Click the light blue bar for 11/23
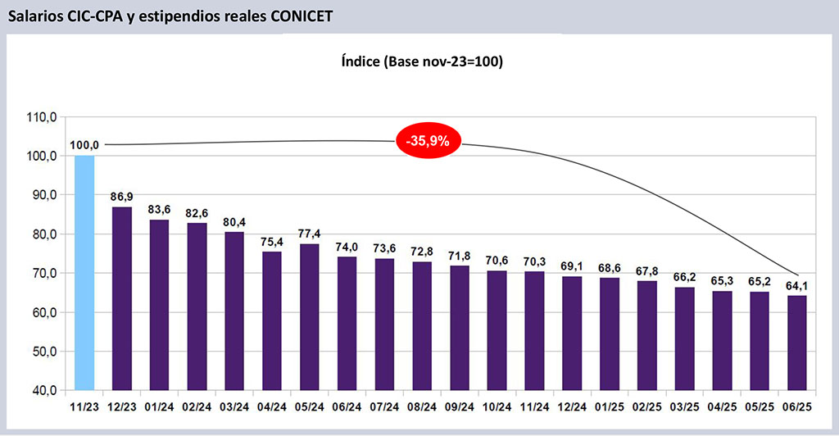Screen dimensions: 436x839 [x=84, y=272]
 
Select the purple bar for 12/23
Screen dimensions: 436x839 [x=122, y=298]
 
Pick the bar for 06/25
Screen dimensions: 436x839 [x=796, y=343]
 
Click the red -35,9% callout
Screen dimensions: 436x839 [x=428, y=140]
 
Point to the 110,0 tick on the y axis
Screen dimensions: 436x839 [x=42, y=117]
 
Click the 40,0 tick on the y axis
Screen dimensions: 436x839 [x=42, y=390]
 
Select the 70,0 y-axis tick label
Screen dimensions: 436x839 [x=42, y=273]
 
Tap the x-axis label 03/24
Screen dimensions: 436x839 [x=234, y=406]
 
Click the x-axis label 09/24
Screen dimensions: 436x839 [x=459, y=406]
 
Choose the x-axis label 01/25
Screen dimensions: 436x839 [x=609, y=406]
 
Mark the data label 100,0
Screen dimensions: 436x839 [x=84, y=145]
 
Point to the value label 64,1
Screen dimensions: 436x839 [x=796, y=285]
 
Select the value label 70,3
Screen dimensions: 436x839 [x=534, y=261]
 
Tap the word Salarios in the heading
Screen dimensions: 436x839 [x=34, y=16]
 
